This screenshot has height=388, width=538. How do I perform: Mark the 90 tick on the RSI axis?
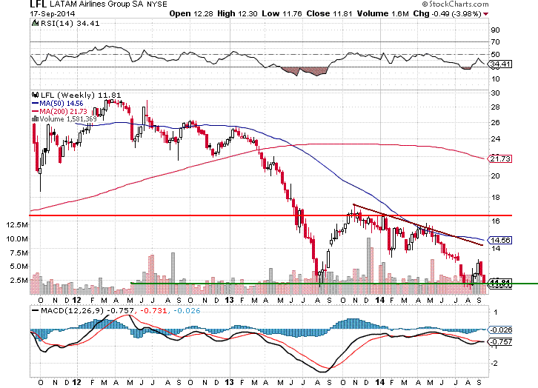[x=497, y=30]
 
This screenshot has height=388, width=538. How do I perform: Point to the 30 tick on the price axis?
[x=497, y=93]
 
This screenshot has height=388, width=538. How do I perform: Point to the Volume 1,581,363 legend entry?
[x=63, y=118]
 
